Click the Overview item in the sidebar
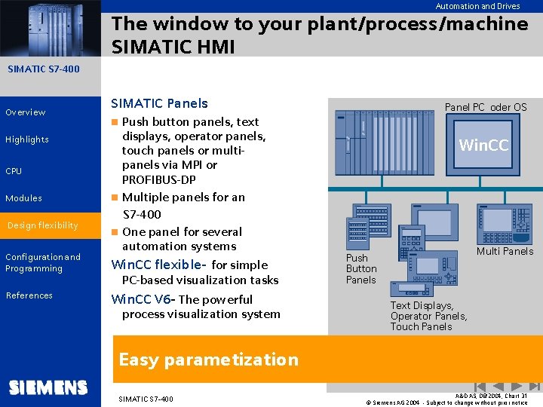(x=26, y=112)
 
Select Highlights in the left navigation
(x=27, y=139)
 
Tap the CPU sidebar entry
(x=14, y=171)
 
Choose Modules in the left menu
(x=23, y=198)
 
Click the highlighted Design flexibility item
(x=43, y=225)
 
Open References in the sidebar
(x=29, y=295)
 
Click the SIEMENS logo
(x=48, y=387)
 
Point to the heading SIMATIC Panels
(x=159, y=103)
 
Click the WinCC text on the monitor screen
(x=483, y=145)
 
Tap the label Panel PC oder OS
(x=485, y=107)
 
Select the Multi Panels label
(x=505, y=251)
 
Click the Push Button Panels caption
(x=360, y=268)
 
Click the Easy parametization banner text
(x=208, y=360)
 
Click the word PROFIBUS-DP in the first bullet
(x=158, y=179)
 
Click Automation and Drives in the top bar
(x=477, y=6)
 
